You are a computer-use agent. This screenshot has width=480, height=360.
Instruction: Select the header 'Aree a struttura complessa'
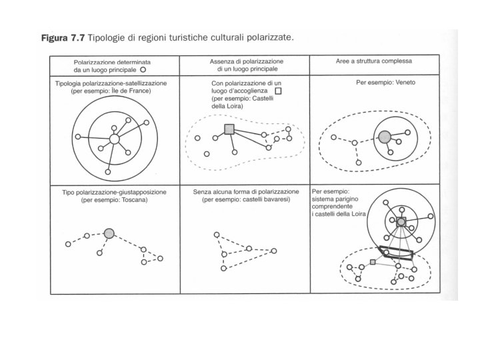pyautogui.click(x=374, y=61)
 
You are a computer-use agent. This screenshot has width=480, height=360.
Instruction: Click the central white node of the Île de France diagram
pyautogui.click(x=114, y=139)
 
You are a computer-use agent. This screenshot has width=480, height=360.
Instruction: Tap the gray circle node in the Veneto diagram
pyautogui.click(x=384, y=136)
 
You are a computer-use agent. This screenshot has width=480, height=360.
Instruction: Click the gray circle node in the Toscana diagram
pyautogui.click(x=110, y=233)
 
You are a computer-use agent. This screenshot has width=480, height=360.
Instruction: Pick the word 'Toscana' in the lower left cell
pyautogui.click(x=133, y=199)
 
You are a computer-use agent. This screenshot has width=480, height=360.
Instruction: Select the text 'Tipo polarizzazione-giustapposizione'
pyautogui.click(x=114, y=192)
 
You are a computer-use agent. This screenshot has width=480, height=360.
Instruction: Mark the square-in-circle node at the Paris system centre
pyautogui.click(x=401, y=221)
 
